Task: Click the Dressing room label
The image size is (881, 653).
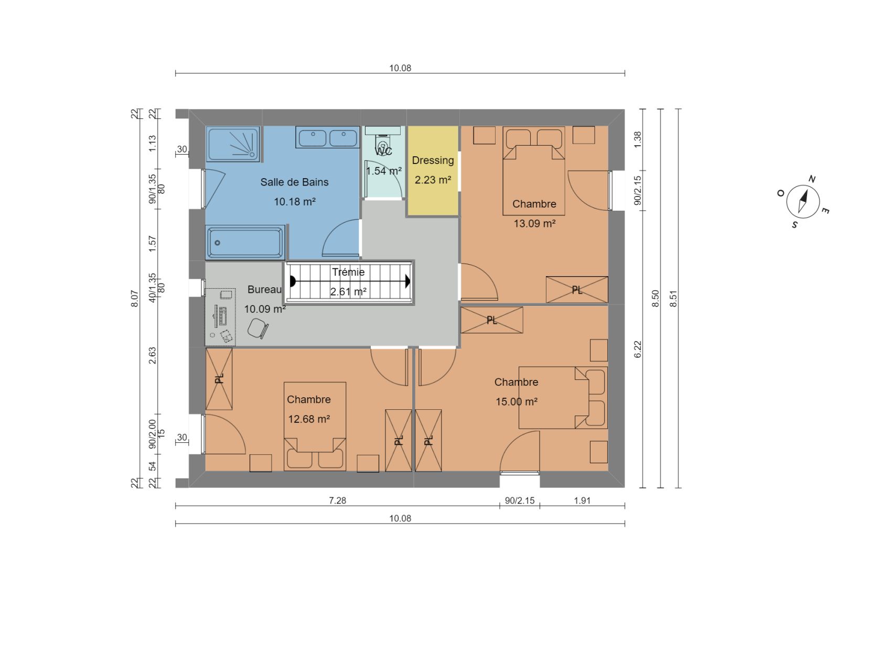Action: [433, 160]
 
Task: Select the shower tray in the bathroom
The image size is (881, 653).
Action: [233, 144]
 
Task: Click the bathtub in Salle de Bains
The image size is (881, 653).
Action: [245, 243]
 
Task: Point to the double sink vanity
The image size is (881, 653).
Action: [328, 137]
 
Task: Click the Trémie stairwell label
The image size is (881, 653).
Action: [348, 273]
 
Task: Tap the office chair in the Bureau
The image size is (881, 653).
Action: [258, 328]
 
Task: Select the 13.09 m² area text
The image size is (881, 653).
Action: [534, 223]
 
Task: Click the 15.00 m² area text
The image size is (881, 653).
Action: [517, 402]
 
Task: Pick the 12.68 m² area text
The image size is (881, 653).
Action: [309, 419]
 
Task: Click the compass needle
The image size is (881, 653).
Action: [803, 201]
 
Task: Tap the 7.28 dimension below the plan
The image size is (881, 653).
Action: [337, 500]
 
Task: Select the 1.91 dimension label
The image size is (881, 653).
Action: [582, 500]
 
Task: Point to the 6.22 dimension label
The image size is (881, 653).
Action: [638, 350]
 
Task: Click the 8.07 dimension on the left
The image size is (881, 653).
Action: [135, 299]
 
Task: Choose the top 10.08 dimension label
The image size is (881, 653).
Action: [400, 68]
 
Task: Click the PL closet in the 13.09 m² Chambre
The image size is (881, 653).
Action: [577, 290]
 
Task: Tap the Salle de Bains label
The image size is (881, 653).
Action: [294, 182]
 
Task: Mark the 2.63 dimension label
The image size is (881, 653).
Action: [152, 355]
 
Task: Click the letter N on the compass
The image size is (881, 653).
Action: [812, 179]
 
